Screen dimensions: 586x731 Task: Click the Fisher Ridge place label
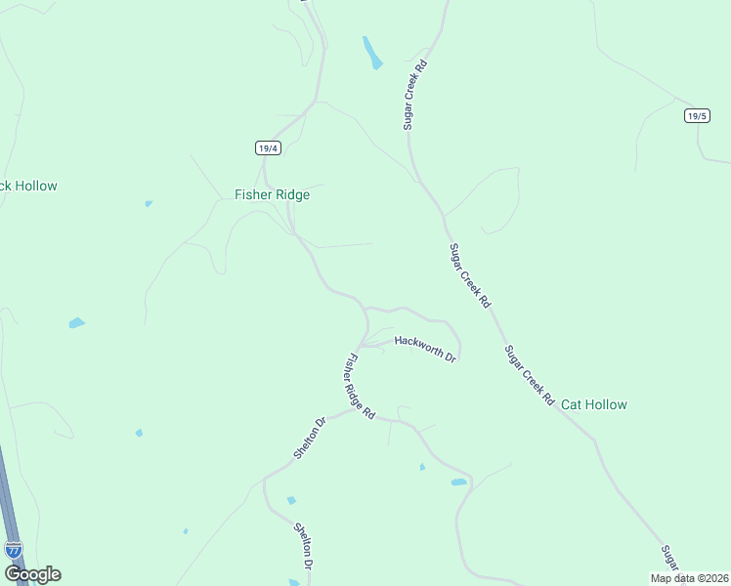[272, 194]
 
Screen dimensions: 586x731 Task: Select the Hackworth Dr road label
[425, 348]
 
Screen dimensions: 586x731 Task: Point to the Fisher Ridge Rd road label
[357, 387]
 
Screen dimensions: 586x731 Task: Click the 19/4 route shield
[269, 148]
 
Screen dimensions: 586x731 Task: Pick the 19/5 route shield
[696, 115]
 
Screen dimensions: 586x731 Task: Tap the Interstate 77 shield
[13, 550]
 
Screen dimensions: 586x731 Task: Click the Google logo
[31, 574]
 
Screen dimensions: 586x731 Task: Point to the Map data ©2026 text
[689, 578]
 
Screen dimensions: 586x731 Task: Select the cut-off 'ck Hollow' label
[29, 186]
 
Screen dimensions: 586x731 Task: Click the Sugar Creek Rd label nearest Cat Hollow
[530, 375]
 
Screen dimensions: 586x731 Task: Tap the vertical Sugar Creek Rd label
[415, 95]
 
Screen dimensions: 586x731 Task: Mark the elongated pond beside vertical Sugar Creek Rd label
[371, 53]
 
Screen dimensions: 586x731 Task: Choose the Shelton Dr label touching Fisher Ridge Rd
[309, 439]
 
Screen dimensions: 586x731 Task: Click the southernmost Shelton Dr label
[303, 547]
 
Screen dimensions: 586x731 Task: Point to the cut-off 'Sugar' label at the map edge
[668, 561]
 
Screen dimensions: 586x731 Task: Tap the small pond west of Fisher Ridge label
[149, 203]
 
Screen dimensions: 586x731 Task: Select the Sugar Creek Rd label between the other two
[469, 276]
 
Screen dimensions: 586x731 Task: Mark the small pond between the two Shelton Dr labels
[291, 500]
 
